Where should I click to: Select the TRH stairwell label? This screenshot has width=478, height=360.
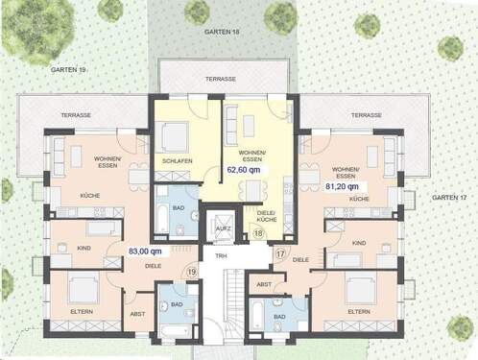(x=220, y=256)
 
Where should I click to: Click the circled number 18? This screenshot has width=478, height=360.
(x=258, y=232)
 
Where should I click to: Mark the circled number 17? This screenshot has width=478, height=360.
(x=280, y=253)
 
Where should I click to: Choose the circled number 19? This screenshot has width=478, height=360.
(x=191, y=273)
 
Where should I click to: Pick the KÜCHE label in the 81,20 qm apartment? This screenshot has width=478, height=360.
(x=358, y=198)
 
